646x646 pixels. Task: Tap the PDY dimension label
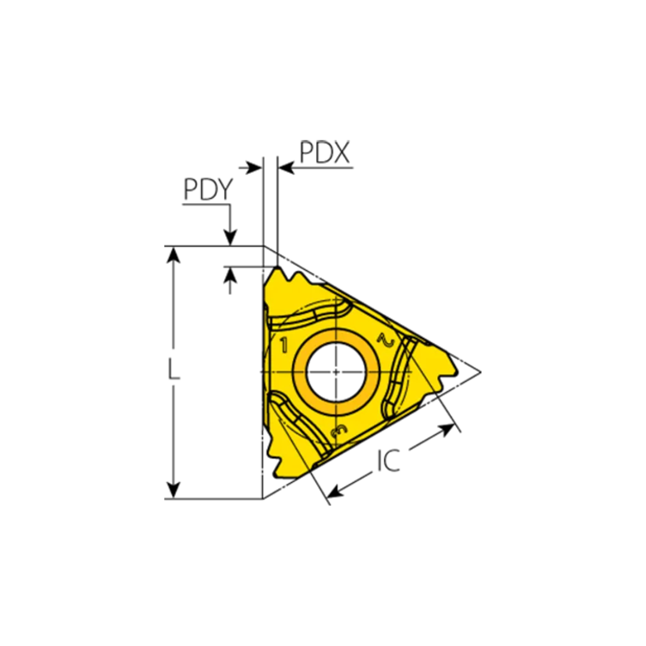(x=207, y=190)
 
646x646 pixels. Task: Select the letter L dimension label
(x=173, y=372)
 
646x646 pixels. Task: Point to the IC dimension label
(x=389, y=461)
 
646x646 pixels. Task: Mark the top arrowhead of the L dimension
(x=173, y=254)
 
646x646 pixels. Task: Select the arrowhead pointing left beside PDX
(x=286, y=168)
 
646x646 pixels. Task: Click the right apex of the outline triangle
(x=480, y=371)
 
